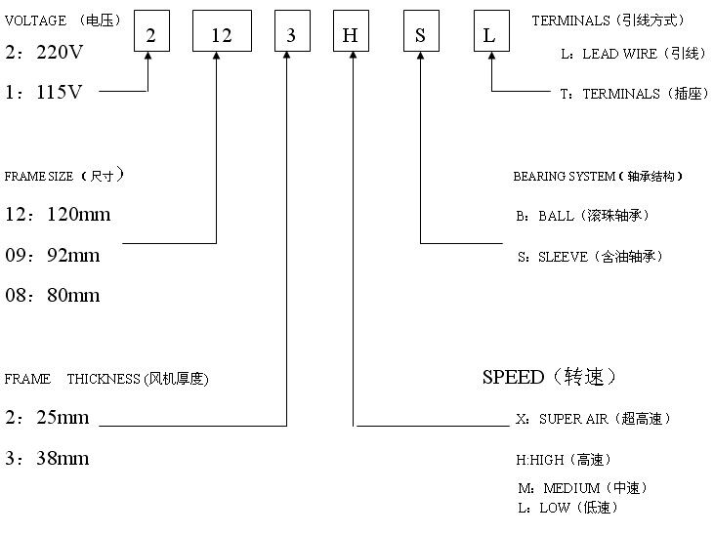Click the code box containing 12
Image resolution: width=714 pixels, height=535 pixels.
pos(222,35)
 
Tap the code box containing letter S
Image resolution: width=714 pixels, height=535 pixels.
pos(420,35)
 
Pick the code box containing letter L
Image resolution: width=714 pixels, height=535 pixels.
pos(489,35)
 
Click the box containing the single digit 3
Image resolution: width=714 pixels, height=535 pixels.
pos(291,35)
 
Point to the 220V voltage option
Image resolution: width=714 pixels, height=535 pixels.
pos(44,53)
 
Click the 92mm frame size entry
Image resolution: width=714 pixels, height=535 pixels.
pos(53,255)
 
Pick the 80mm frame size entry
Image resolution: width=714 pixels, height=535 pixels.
pos(53,295)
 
